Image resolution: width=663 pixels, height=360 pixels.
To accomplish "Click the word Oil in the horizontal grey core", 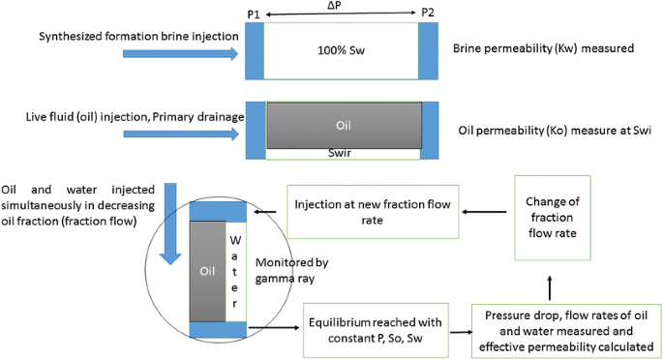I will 343,126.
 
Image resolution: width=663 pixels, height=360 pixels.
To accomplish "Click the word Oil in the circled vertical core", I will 207,271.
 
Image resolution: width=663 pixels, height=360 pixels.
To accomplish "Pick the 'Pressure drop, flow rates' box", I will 566,330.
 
